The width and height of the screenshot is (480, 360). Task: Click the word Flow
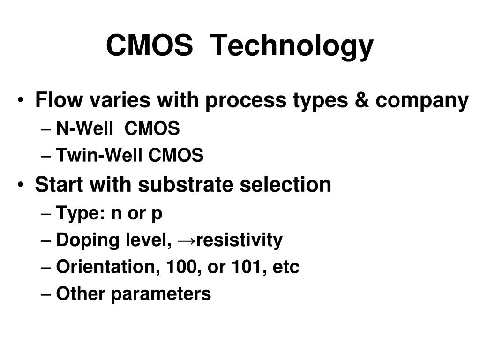[56, 100]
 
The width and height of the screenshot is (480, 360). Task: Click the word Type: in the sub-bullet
[80, 214]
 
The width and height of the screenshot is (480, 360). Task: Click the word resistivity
[239, 240]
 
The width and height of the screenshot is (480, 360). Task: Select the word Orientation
[107, 267]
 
